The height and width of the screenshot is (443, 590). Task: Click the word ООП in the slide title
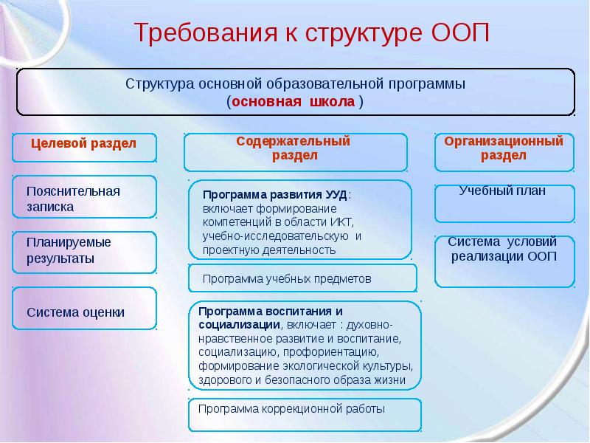[x=458, y=34]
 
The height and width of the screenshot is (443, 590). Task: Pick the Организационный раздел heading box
[x=504, y=149]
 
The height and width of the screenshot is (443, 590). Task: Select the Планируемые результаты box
[x=84, y=251]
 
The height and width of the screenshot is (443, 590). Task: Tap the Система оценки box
[x=84, y=311]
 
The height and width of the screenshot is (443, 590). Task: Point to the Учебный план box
[x=504, y=202]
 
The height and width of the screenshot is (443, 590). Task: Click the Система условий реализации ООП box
[x=504, y=259]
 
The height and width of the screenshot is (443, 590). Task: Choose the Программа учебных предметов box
[x=302, y=278]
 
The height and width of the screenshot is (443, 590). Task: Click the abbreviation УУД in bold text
[x=336, y=195]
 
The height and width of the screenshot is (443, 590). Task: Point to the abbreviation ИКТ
[x=341, y=222]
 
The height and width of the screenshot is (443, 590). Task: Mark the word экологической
[x=316, y=366]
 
